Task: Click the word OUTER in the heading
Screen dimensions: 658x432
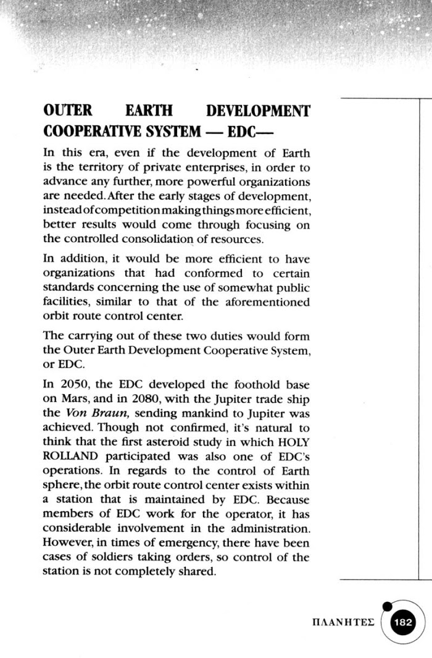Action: (68, 111)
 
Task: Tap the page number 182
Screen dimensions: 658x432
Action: (407, 622)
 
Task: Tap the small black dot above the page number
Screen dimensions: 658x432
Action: (386, 606)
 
